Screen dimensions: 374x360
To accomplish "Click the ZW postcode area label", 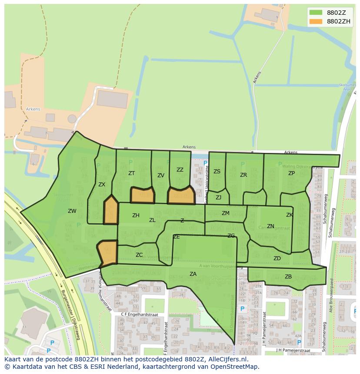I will pos(72,212).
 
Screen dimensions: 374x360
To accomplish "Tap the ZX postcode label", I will pos(102,185).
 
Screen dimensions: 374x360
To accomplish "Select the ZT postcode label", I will pos(132,173).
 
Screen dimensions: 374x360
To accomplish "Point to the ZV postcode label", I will pos(161,175).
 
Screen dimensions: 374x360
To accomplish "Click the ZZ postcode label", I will pos(180,170).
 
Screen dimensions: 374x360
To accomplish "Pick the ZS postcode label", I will pos(217,172).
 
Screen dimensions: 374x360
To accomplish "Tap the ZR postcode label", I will pos(243,175).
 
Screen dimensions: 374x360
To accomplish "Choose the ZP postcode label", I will pos(291,173).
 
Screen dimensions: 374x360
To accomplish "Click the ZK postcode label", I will pos(290,215).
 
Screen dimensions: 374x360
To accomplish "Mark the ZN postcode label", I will pos(270,226).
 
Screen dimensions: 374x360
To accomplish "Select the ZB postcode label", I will pos(288,277).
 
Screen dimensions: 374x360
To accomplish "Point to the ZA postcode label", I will pos(193,274).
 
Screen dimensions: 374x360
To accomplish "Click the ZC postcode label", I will pos(139,255).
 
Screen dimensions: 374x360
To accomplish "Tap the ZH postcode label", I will pos(136,215).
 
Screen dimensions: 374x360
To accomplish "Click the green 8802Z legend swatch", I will pos(316,12).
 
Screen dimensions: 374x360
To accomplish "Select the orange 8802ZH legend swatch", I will pos(316,21).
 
